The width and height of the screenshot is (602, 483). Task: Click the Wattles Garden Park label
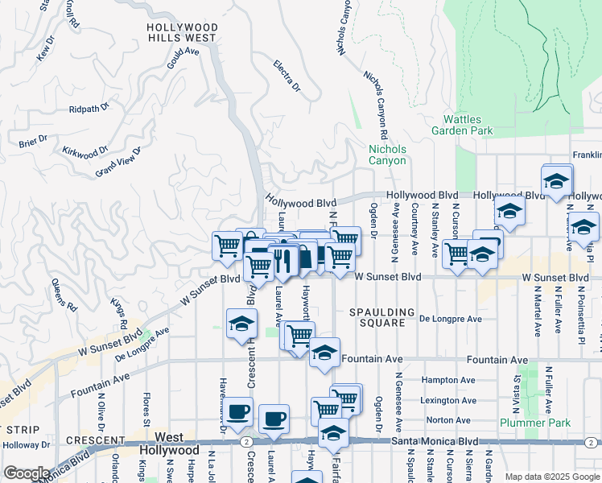pyautogui.click(x=461, y=125)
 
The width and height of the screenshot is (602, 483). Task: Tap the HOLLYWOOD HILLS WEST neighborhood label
pyautogui.click(x=181, y=32)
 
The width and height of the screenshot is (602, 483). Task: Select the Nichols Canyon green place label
pyautogui.click(x=387, y=155)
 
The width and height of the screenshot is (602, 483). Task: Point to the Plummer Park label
pyautogui.click(x=534, y=423)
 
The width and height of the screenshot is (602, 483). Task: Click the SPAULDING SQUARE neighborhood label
pyautogui.click(x=382, y=317)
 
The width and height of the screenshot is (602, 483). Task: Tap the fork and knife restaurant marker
pyautogui.click(x=281, y=259)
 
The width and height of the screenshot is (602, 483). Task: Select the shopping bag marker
pyautogui.click(x=306, y=258)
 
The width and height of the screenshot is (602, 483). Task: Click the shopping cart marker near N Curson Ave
pyautogui.click(x=456, y=254)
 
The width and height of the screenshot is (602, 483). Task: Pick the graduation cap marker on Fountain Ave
pyautogui.click(x=324, y=353)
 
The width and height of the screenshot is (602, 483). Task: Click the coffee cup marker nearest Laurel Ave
pyautogui.click(x=274, y=419)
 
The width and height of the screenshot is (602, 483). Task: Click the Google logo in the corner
pyautogui.click(x=26, y=473)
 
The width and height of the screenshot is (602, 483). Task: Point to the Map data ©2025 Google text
pyautogui.click(x=552, y=477)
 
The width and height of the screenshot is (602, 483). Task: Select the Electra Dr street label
pyautogui.click(x=286, y=75)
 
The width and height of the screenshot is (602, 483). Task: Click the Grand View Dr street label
pyautogui.click(x=118, y=161)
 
